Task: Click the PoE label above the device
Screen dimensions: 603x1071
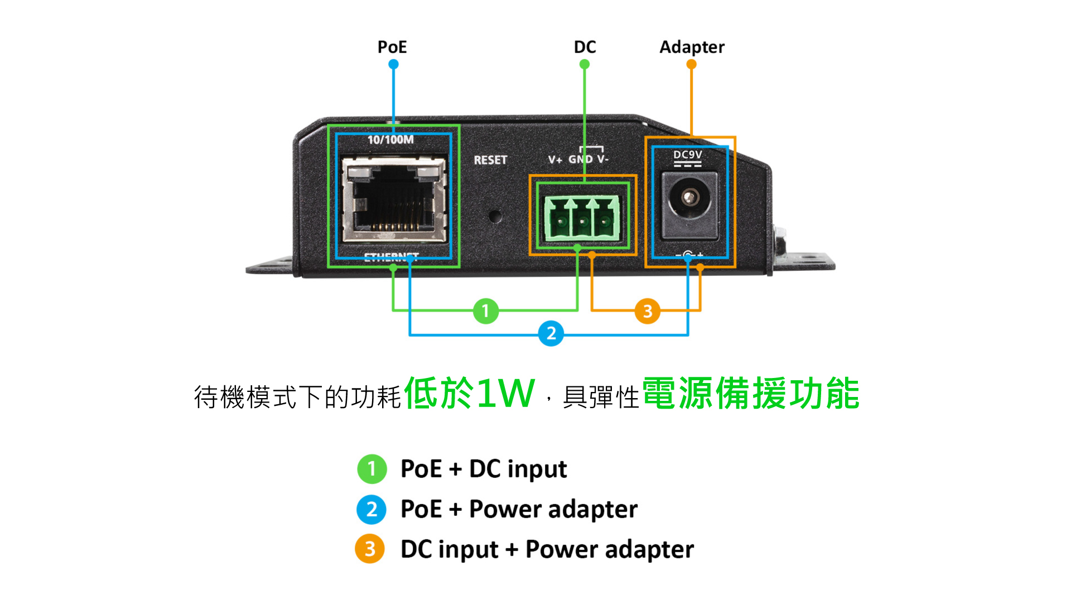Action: tap(392, 47)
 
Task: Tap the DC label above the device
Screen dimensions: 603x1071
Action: tap(585, 47)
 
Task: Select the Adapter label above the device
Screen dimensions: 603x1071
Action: tap(692, 47)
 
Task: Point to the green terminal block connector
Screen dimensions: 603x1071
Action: tap(582, 219)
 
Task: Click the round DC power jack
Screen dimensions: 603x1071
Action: tap(689, 198)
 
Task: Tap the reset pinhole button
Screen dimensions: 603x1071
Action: tap(494, 216)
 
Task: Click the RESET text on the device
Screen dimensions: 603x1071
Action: tap(490, 160)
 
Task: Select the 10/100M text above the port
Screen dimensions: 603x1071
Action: tap(390, 140)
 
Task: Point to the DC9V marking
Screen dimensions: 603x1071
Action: tap(687, 155)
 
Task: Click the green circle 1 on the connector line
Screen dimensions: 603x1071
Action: tap(485, 310)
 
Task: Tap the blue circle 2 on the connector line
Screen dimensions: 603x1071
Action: tap(551, 334)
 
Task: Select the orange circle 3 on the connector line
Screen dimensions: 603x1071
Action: tap(647, 311)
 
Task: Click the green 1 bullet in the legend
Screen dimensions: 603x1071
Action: tap(372, 469)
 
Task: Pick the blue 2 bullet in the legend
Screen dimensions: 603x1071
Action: tap(372, 509)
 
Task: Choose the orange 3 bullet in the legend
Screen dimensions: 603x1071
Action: tap(370, 549)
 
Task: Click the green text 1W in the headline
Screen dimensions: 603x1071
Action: tap(505, 394)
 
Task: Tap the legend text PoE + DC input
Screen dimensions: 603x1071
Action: tap(484, 469)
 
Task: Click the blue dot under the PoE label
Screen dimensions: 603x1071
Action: tap(393, 64)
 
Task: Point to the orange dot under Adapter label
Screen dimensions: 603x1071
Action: tap(691, 64)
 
